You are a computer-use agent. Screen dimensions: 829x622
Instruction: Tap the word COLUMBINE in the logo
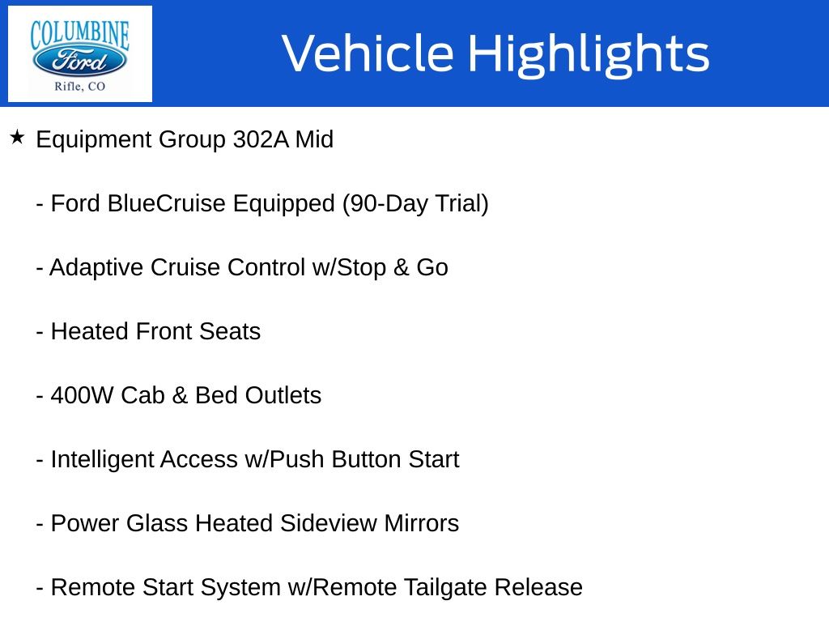(80, 34)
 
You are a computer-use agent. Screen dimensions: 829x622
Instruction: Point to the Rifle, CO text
(80, 86)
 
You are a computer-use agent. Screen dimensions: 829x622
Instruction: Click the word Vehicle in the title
(368, 53)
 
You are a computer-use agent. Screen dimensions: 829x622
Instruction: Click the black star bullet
(17, 138)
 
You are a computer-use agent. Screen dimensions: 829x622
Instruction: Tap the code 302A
(261, 139)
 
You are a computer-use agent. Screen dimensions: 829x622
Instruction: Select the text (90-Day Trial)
(415, 204)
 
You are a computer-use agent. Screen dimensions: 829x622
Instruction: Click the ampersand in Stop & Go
(402, 267)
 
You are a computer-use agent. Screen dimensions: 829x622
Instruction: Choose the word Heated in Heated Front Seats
(90, 331)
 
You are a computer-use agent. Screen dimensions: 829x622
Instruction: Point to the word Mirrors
(421, 524)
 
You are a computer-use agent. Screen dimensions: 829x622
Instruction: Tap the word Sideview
(329, 524)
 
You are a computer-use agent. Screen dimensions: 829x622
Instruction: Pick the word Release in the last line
(538, 588)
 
